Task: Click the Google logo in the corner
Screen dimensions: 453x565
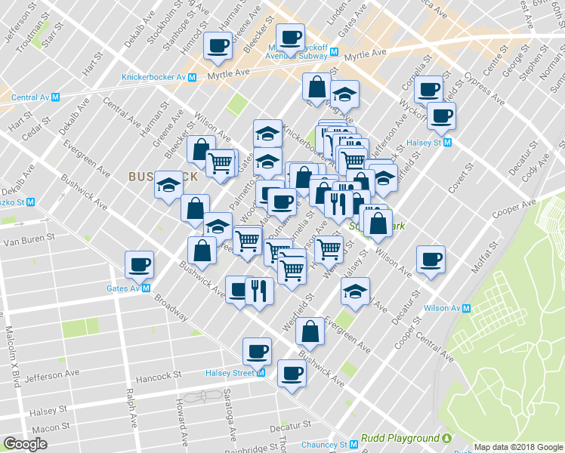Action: point(25,443)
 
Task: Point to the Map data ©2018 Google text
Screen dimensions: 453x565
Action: point(517,447)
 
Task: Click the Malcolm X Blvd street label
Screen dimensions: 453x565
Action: point(12,354)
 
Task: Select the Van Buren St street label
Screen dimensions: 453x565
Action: point(29,242)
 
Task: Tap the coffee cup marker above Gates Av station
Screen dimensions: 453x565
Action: point(139,265)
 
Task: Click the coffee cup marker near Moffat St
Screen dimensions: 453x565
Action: point(431,260)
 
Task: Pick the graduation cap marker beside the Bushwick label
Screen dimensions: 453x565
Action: point(168,186)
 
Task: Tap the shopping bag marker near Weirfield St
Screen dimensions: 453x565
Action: point(310,330)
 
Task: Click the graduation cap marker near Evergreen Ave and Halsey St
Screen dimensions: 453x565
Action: point(354,291)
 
